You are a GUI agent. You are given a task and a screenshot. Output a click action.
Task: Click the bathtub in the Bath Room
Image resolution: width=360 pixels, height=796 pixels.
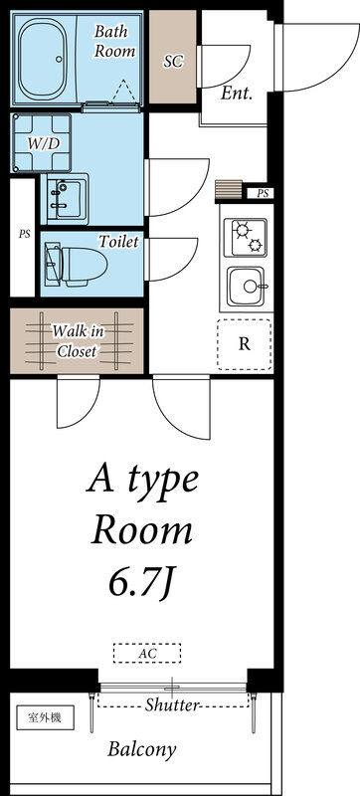[x=43, y=59]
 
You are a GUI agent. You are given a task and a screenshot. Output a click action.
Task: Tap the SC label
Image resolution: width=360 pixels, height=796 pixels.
[x=173, y=62]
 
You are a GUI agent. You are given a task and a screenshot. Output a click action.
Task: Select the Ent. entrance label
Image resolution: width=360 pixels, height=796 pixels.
[x=237, y=93]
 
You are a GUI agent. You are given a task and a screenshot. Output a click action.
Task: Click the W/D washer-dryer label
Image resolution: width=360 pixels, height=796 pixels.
[x=44, y=143]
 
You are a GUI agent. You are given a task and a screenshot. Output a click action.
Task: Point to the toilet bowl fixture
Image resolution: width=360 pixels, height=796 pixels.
[x=76, y=264]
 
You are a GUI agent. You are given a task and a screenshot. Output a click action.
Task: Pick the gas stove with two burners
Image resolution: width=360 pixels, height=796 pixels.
[x=246, y=238]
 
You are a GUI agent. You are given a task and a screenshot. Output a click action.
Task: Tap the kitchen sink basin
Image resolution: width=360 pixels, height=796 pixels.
[x=246, y=287]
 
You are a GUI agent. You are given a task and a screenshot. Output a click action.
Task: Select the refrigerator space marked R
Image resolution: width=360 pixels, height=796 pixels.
[x=245, y=344]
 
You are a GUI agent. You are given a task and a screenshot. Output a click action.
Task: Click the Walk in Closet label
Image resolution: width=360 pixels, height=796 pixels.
[x=79, y=341]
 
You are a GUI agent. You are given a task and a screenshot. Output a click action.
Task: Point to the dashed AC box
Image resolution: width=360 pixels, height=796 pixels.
[x=147, y=653]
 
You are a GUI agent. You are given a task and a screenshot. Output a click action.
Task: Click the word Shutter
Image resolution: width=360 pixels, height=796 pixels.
[x=172, y=704]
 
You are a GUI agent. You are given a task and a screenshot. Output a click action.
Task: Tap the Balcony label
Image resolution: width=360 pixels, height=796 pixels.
[x=141, y=749]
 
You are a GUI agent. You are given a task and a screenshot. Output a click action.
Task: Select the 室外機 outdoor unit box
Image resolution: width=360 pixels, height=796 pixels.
[x=45, y=718]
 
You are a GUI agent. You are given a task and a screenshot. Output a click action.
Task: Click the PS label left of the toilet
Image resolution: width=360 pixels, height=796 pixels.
[x=24, y=235]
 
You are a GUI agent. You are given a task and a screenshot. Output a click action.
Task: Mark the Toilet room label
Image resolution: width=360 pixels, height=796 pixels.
[x=118, y=242]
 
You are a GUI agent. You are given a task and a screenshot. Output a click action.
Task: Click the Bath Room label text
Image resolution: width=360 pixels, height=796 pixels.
[x=114, y=41]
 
